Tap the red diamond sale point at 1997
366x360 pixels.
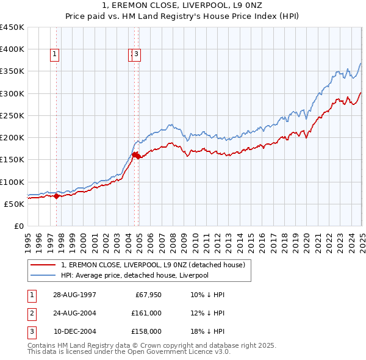click(57, 196)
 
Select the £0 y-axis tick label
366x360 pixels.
click(19, 226)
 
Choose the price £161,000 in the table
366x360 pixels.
click(147, 314)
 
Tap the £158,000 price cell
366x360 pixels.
click(147, 332)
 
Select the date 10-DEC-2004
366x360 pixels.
click(74, 332)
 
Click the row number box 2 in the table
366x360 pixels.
click(31, 314)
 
